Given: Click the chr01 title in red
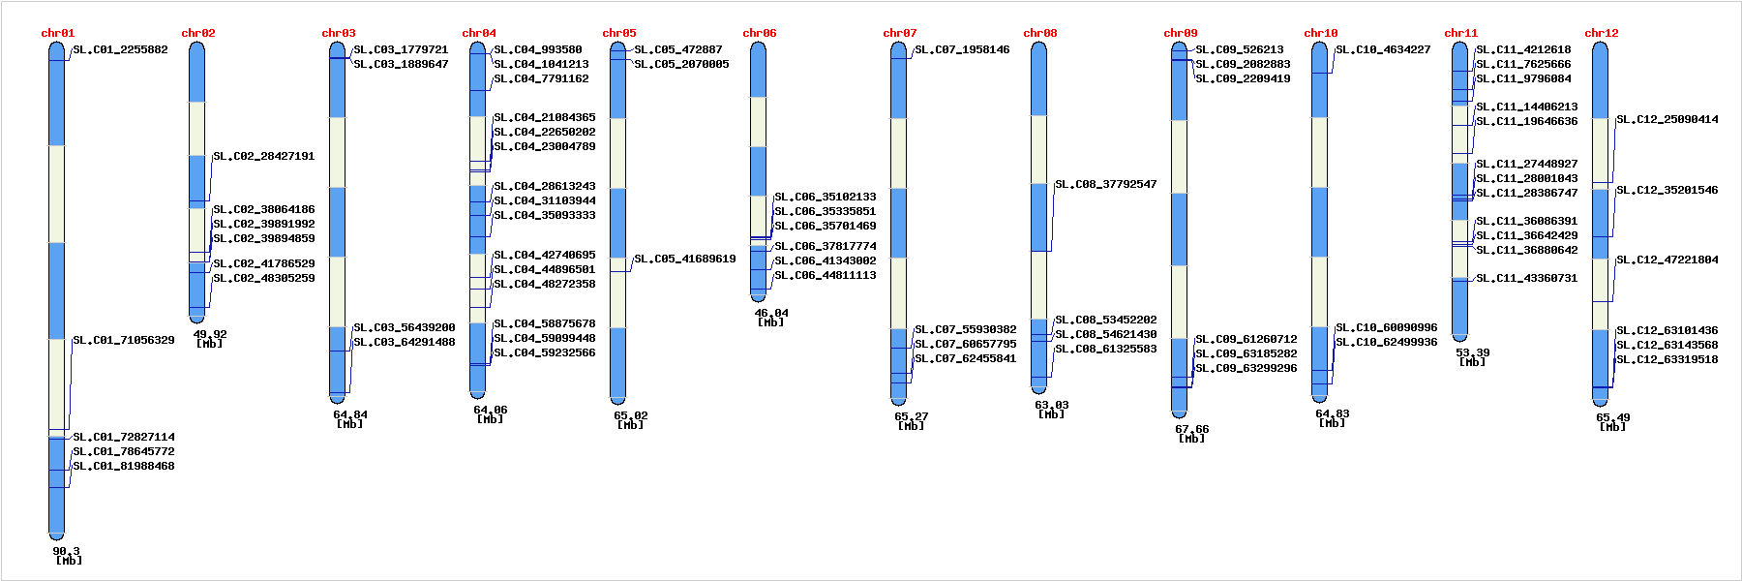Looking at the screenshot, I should (x=57, y=33).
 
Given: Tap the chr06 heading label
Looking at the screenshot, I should (x=759, y=33).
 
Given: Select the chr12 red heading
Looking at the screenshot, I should (x=1601, y=33).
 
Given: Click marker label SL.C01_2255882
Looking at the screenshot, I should (x=120, y=49).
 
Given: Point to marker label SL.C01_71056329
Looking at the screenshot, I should (x=124, y=340).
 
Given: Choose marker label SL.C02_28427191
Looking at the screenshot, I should (x=263, y=156).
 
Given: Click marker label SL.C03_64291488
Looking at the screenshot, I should (x=404, y=342).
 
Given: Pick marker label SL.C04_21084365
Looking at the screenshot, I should (x=544, y=117).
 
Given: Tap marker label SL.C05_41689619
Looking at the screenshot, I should (x=684, y=259).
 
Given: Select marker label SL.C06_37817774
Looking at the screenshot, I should (x=825, y=246).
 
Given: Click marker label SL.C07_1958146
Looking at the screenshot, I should (x=962, y=49).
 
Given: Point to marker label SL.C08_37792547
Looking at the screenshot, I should (x=1105, y=184).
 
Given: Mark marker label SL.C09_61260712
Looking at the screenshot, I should (x=1246, y=339).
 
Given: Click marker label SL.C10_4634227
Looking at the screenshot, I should (x=1383, y=49).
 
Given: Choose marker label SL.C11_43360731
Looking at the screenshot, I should (x=1526, y=278).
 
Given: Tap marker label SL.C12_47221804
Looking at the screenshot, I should (x=1667, y=260).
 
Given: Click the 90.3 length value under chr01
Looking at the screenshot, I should (x=66, y=551).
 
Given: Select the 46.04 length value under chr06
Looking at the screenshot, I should (x=771, y=313).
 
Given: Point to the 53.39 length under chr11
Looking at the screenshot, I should (x=1472, y=352).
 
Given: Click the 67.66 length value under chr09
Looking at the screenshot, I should (x=1191, y=429).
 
